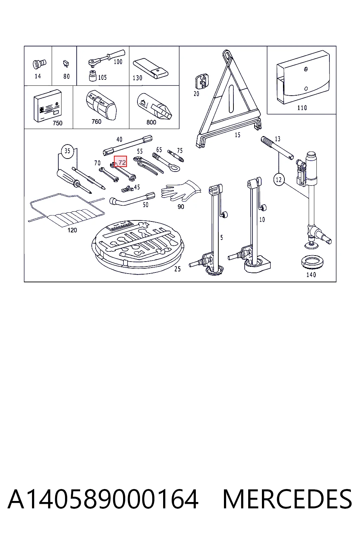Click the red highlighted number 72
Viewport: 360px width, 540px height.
tap(120, 161)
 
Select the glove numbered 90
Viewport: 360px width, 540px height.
tap(181, 191)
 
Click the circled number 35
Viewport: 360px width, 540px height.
tap(67, 151)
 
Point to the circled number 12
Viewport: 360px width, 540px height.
tap(279, 180)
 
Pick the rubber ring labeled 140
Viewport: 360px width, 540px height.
tap(312, 263)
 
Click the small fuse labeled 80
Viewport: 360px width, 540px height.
tap(66, 64)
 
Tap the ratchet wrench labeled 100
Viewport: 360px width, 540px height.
tap(107, 58)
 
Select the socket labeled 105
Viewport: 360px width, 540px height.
tap(93, 76)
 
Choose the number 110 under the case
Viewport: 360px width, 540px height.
tap(302, 108)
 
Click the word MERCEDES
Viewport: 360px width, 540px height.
tap(287, 499)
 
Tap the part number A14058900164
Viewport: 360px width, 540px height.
tap(103, 499)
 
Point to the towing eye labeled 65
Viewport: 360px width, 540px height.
tap(166, 162)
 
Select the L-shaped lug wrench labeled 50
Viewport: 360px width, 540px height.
tap(131, 199)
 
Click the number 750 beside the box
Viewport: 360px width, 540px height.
tap(57, 123)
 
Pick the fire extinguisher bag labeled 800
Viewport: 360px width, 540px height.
tap(155, 106)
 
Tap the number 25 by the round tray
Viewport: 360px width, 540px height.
tap(178, 269)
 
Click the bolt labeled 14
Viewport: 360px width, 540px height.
tap(39, 64)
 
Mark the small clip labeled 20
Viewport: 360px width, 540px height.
tap(202, 81)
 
